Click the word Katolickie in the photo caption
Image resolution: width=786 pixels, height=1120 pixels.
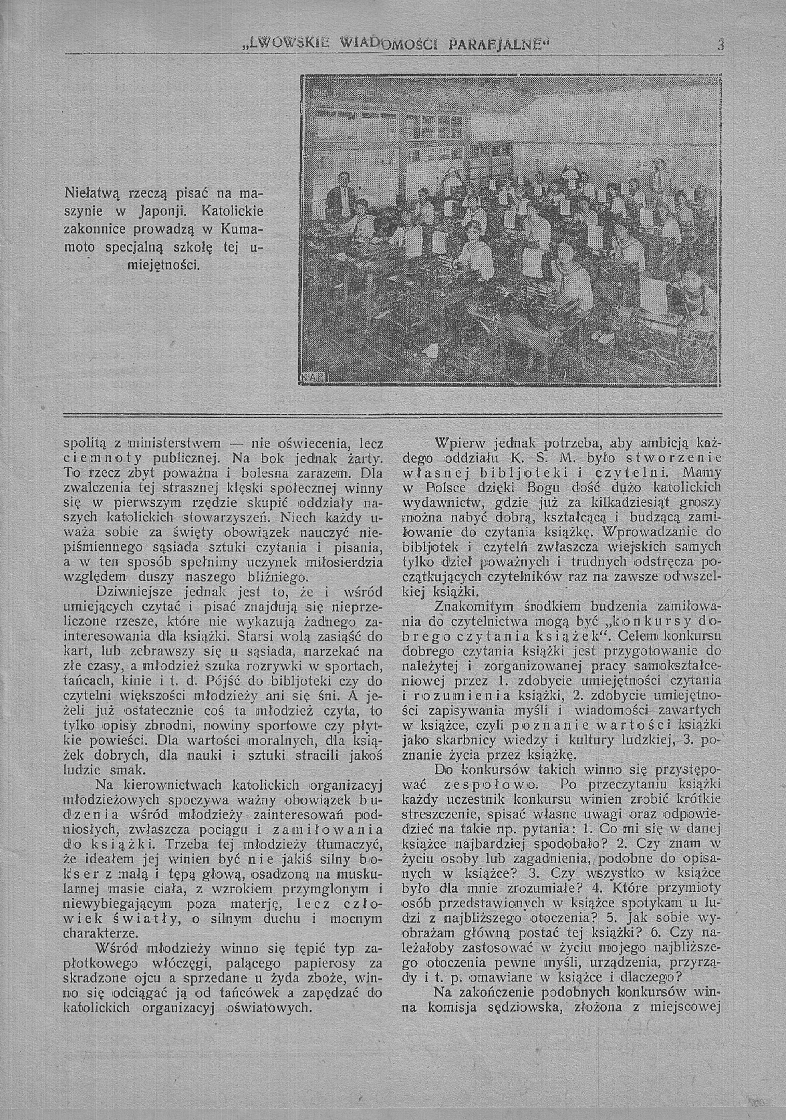[x=232, y=212]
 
